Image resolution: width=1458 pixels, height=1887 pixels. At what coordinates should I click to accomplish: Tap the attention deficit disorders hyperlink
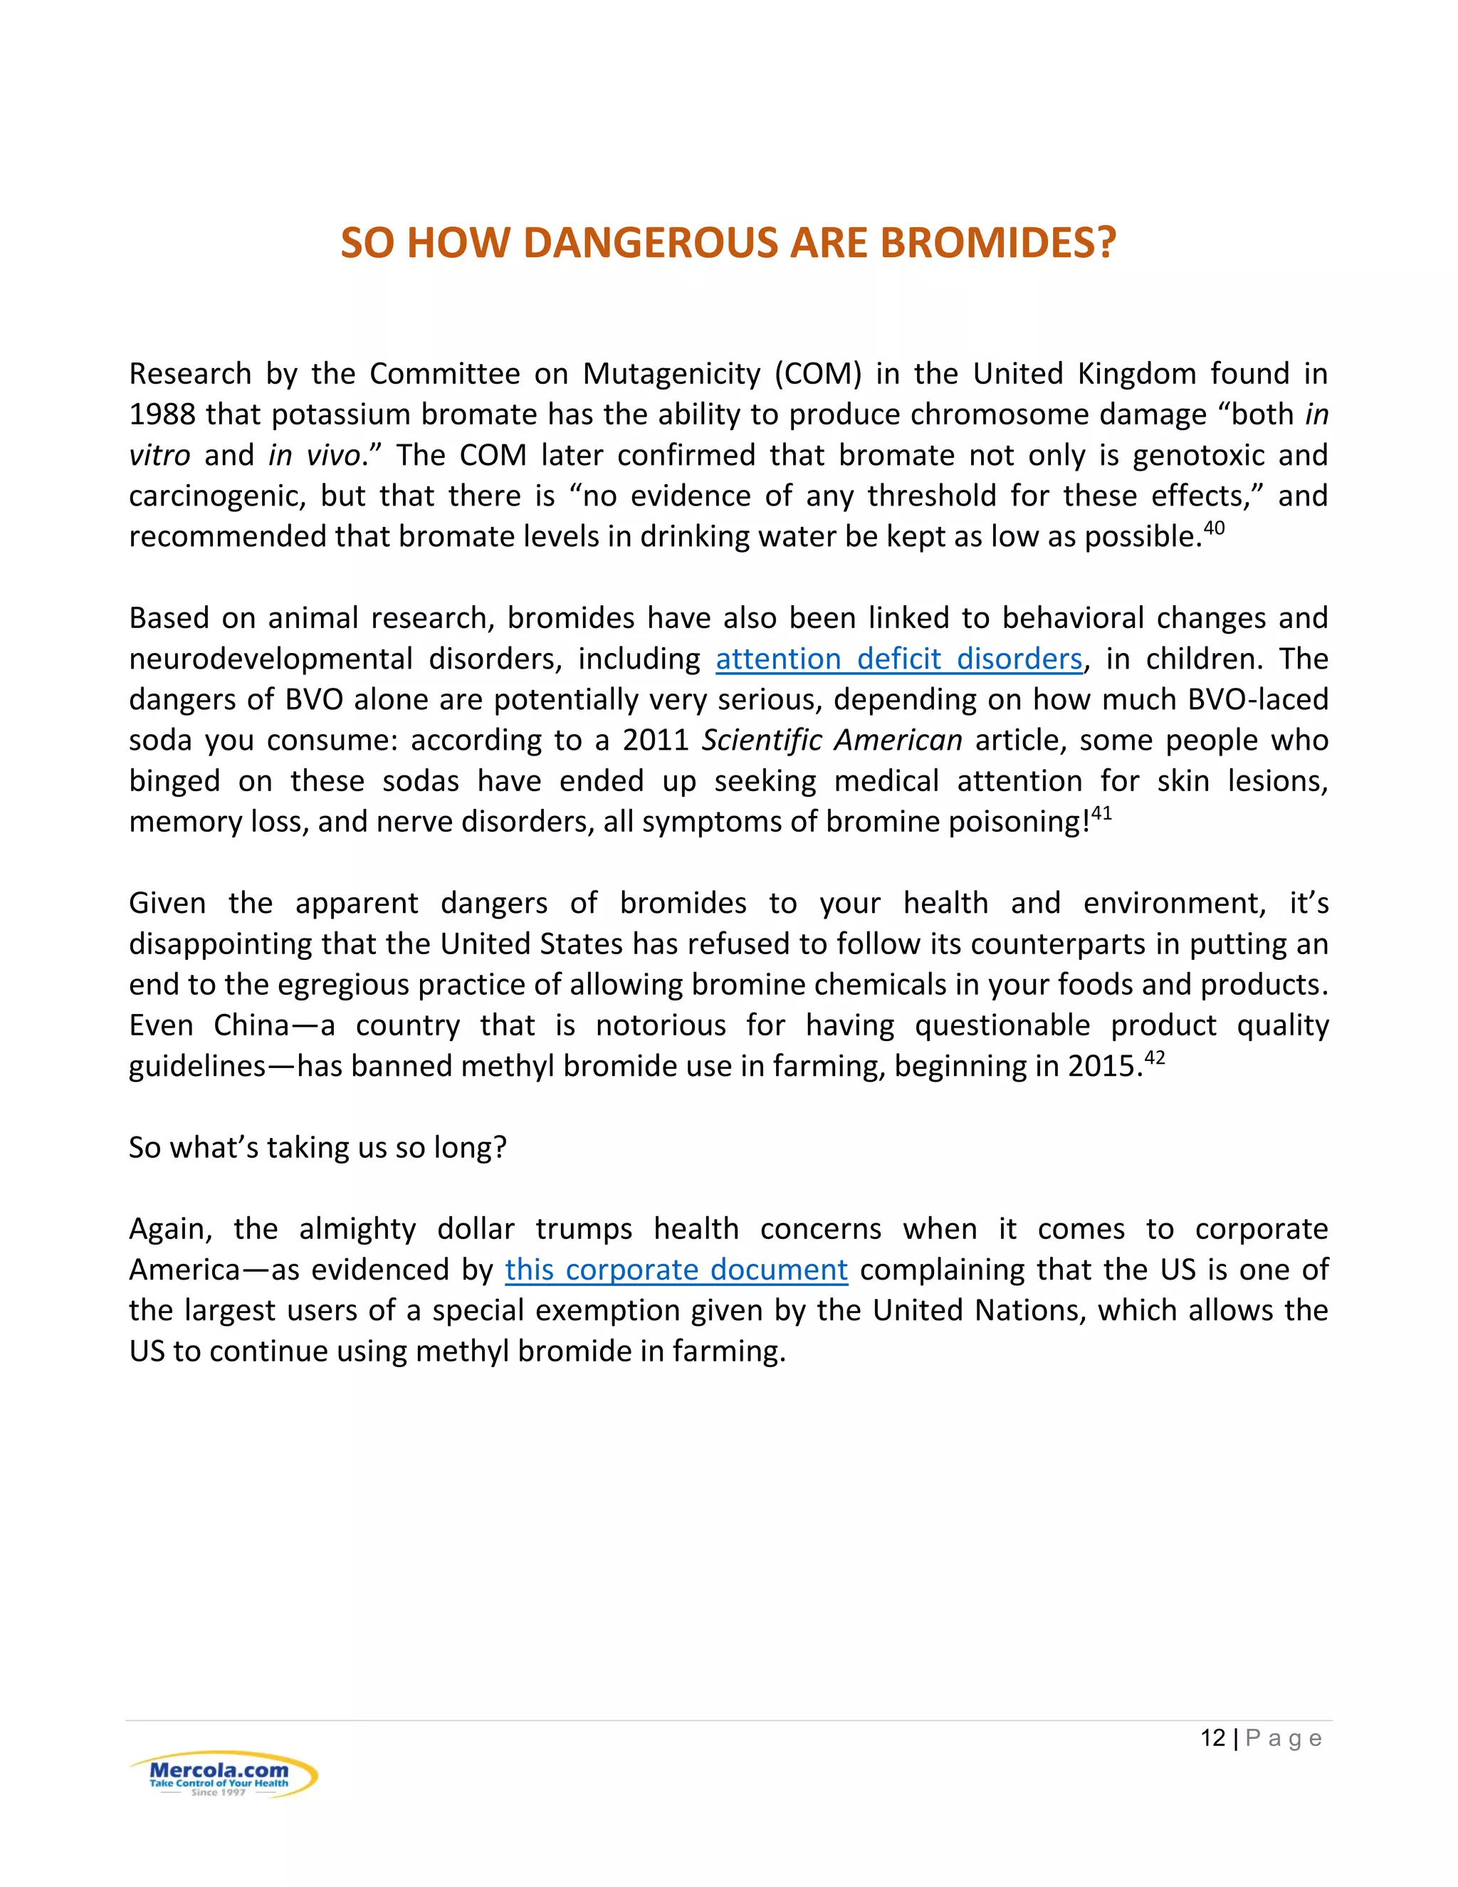pos(898,659)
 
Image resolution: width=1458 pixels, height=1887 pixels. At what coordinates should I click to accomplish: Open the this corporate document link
pos(676,1270)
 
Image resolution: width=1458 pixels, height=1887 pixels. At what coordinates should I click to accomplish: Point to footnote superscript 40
pos(1214,528)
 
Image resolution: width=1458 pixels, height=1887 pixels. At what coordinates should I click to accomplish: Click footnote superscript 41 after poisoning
pos(1101,813)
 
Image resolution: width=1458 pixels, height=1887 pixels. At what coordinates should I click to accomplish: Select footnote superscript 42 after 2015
pos(1154,1057)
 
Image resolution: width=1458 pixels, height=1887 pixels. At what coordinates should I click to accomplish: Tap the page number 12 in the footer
pos(1212,1738)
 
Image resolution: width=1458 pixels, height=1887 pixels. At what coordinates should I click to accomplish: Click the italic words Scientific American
pos(831,741)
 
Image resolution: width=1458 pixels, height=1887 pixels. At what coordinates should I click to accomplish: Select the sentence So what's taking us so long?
pos(317,1147)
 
